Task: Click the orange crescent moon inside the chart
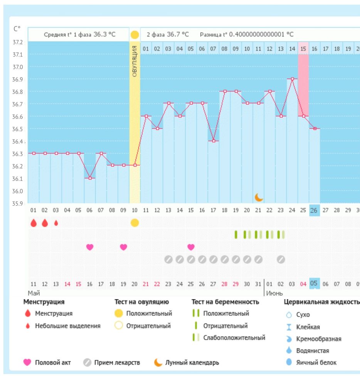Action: [x=259, y=198]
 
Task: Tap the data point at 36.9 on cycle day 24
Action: [x=292, y=79]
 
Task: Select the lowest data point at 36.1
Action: [x=90, y=178]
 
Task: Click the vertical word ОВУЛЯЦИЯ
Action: [x=135, y=61]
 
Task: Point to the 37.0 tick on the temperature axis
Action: [x=17, y=67]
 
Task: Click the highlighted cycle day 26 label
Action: [x=314, y=211]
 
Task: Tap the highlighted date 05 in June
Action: [x=314, y=284]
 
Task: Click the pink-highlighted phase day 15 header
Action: [x=303, y=49]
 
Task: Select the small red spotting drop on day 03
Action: [x=56, y=223]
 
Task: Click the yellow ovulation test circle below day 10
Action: [x=135, y=223]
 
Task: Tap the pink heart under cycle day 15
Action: [x=191, y=247]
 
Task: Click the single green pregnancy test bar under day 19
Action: [x=236, y=234]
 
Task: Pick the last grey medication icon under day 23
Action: [x=281, y=259]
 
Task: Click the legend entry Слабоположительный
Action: [x=234, y=338]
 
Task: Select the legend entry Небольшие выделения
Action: [x=68, y=326]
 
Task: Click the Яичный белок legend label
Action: [x=316, y=362]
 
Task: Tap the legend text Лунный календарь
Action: [x=192, y=362]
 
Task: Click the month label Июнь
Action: [x=274, y=293]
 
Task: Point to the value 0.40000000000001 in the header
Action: [x=257, y=34]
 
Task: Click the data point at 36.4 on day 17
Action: [x=214, y=141]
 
